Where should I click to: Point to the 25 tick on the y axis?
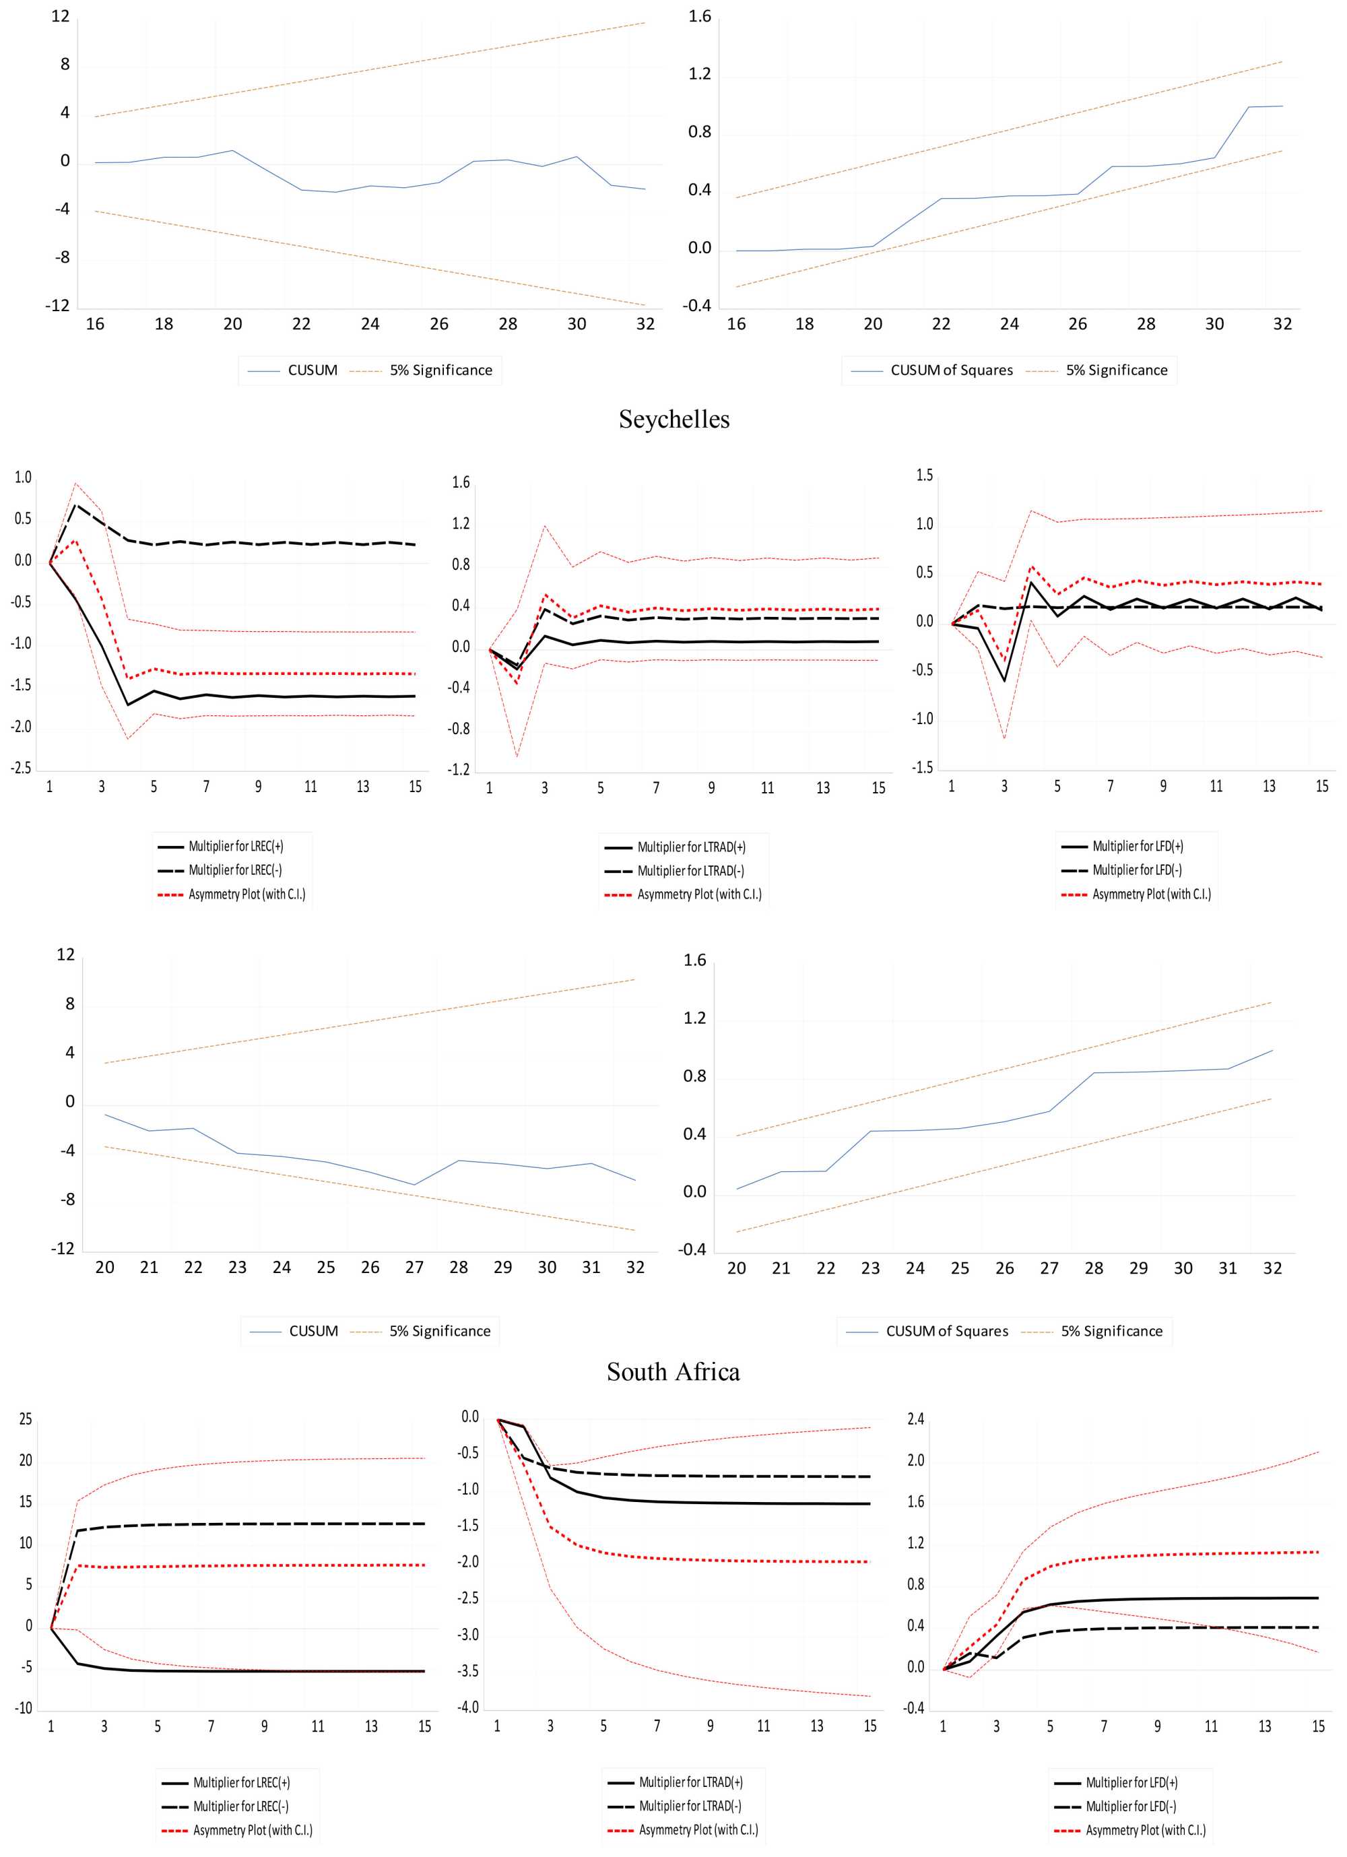[26, 1419]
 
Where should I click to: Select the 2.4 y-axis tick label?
[915, 1419]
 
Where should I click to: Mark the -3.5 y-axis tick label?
[469, 1671]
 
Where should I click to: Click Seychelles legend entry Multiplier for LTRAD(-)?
[690, 870]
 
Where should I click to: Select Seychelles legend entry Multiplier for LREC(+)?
[236, 847]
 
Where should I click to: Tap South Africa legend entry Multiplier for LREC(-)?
[240, 1806]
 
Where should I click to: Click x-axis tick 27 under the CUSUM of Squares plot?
[1049, 1268]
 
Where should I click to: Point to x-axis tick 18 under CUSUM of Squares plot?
[804, 324]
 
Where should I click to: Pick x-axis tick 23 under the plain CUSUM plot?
[238, 1268]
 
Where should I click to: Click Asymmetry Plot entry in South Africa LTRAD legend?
[698, 1830]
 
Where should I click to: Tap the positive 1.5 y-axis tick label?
[923, 476]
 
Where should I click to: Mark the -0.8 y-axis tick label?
[459, 729]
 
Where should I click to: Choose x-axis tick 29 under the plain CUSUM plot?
[503, 1268]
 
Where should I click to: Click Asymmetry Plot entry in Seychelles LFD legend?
[1150, 894]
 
